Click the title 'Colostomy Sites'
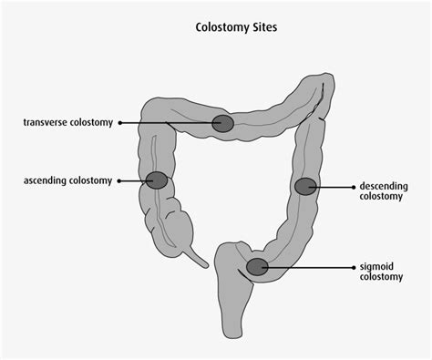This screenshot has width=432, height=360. (x=237, y=27)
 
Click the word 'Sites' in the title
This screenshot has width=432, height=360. (x=262, y=27)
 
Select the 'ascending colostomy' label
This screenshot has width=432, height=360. (x=68, y=180)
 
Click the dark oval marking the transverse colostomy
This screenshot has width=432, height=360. (x=222, y=123)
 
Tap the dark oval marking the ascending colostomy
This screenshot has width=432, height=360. (x=157, y=180)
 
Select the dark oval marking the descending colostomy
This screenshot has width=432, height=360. (x=305, y=187)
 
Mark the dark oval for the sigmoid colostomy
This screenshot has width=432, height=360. (x=257, y=267)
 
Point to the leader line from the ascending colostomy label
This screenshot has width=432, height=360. (x=130, y=180)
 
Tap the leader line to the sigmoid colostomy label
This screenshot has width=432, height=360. (x=310, y=267)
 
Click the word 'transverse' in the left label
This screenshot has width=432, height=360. (x=49, y=122)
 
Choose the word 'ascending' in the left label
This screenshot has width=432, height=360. (x=47, y=180)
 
